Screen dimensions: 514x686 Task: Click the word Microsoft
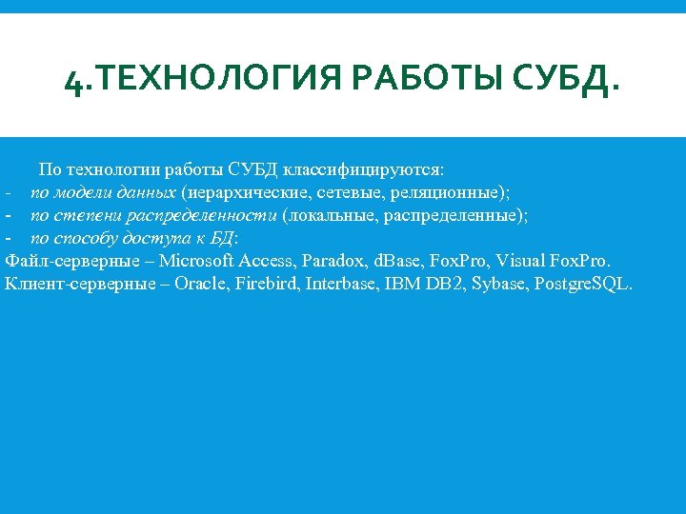pos(197,261)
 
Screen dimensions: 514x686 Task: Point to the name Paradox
pos(336,261)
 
